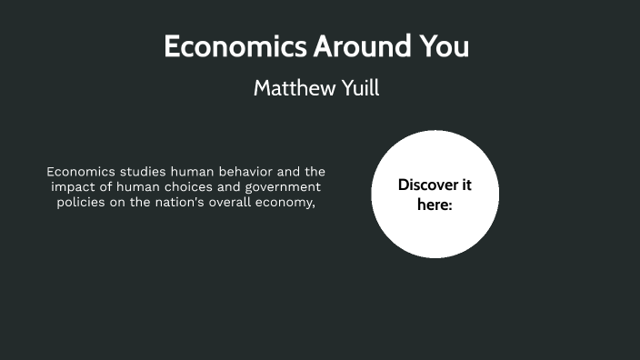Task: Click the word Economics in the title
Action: [x=235, y=46]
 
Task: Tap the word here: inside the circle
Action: [x=435, y=205]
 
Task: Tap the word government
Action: [x=283, y=187]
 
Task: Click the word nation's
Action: [x=193, y=203]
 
